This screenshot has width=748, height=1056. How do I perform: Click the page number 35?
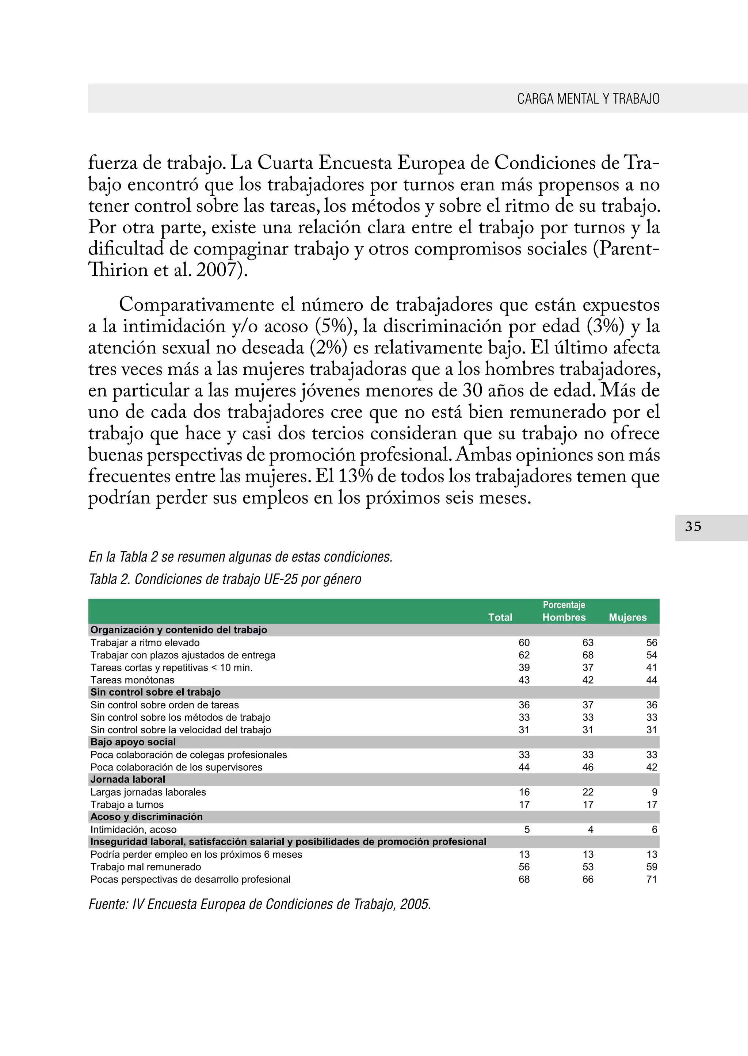coord(693,527)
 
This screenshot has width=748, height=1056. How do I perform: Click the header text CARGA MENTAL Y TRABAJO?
coord(588,99)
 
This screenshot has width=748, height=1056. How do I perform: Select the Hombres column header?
coord(564,617)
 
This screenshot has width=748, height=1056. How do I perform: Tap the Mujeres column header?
coord(627,617)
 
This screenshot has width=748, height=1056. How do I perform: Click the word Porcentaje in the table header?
coord(564,605)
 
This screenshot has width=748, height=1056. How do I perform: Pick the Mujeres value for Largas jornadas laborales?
coord(654,792)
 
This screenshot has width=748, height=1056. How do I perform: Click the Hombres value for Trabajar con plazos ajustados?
coord(588,655)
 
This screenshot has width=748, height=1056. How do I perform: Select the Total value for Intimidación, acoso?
coord(527,829)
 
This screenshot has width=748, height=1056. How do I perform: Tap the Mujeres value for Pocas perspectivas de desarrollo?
coord(651,879)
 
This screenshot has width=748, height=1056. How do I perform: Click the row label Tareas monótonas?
coord(132,680)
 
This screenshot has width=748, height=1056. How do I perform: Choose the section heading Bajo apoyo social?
coord(133,742)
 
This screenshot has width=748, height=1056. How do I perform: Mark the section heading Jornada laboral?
coord(127,779)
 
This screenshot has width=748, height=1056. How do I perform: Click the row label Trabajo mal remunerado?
coord(146,867)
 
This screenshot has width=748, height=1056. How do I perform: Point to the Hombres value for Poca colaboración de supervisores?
coord(588,767)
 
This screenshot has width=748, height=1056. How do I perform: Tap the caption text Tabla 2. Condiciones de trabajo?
coord(225,579)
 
